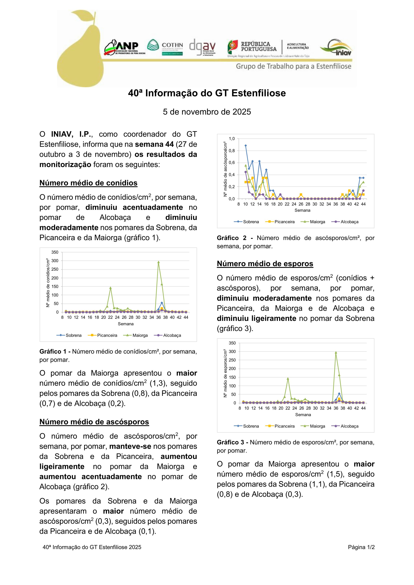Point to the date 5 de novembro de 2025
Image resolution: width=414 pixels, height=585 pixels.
coord(207,112)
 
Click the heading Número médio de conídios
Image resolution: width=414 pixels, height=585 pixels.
coord(88,183)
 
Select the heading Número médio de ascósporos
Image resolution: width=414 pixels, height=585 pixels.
coord(94,422)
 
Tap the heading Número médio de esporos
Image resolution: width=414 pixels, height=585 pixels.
coord(265,263)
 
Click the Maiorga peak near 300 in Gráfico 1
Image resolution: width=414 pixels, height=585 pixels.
coord(158,262)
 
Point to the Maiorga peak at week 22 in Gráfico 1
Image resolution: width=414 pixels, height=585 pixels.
coord(110,288)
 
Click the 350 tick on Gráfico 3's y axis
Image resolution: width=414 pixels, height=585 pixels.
coord(232,343)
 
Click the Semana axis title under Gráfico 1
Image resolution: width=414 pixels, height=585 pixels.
coord(125,324)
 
